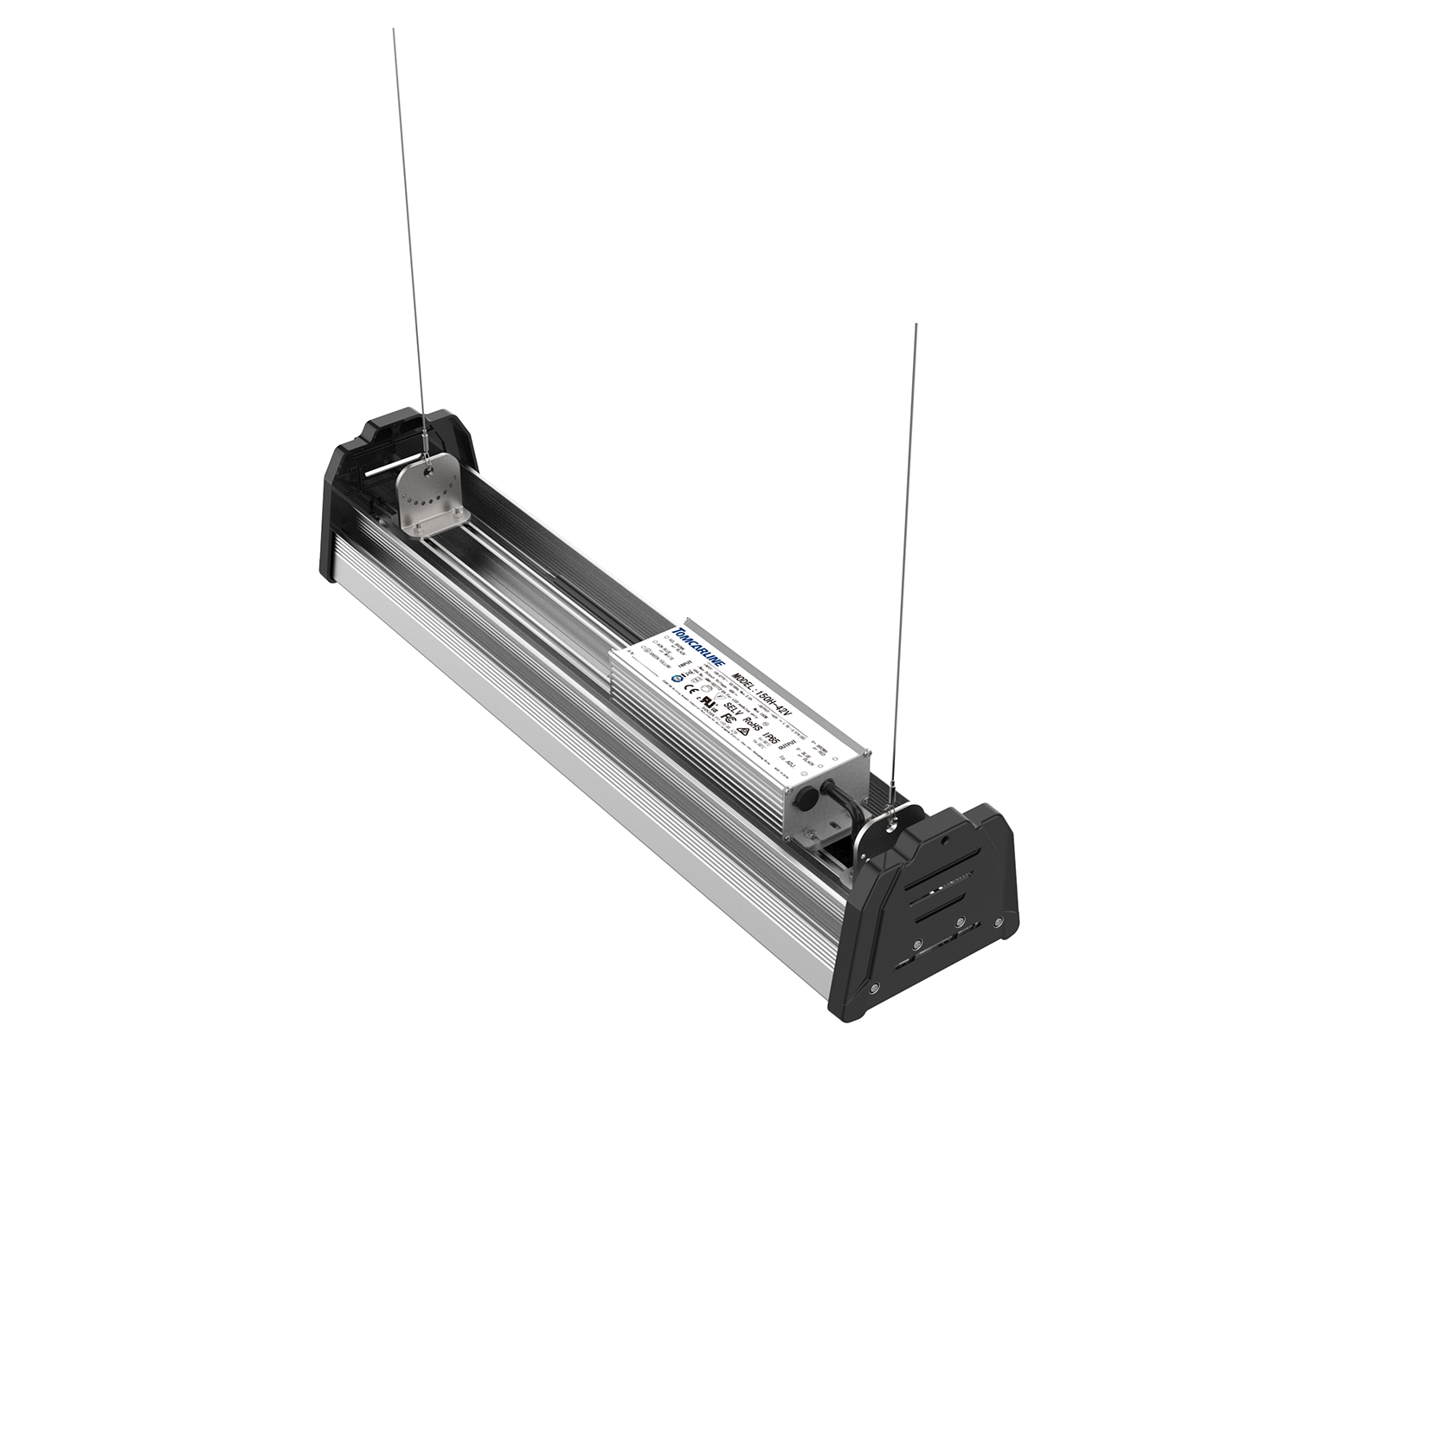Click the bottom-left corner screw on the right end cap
point(875,987)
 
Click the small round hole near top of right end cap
point(945,839)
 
